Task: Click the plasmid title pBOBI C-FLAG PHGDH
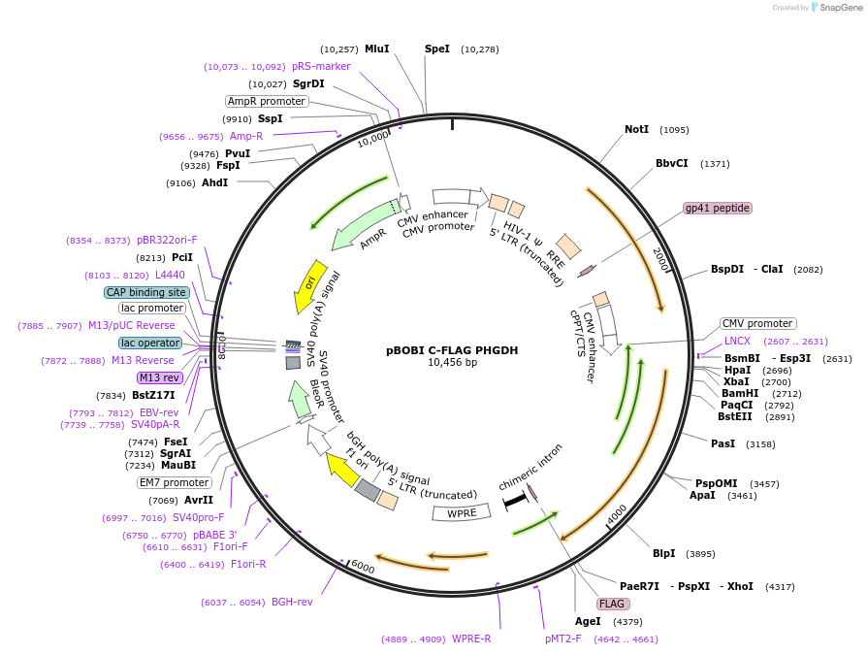(x=439, y=349)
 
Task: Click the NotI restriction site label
(x=636, y=129)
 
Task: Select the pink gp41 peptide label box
(x=718, y=208)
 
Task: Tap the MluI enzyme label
(x=376, y=49)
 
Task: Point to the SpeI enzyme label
(x=437, y=49)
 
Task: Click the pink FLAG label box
(x=612, y=604)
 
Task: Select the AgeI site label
(x=588, y=621)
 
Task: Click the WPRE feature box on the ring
(x=462, y=512)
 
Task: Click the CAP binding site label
(x=145, y=292)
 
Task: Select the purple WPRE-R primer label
(x=471, y=639)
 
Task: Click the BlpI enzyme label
(x=663, y=554)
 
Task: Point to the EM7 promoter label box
(x=174, y=482)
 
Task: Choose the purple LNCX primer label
(x=737, y=342)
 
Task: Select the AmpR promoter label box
(x=267, y=101)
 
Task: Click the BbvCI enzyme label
(x=671, y=163)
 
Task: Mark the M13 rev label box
(x=159, y=377)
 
